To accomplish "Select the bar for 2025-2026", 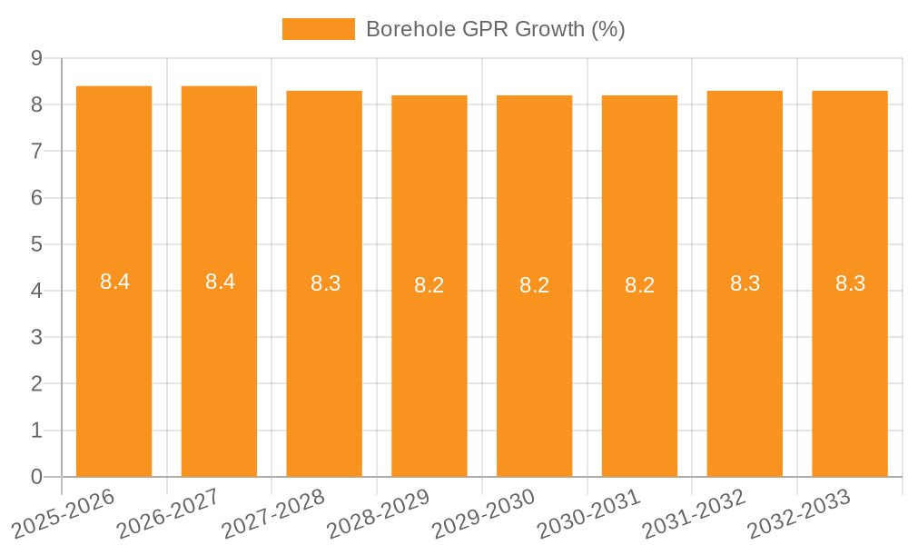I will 113,363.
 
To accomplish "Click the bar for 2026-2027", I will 219,363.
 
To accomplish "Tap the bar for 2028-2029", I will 429,363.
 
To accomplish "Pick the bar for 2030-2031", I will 639,363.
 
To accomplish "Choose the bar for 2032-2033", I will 850,363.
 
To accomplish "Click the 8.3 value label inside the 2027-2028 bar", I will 325,283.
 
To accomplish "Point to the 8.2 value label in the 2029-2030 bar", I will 534,285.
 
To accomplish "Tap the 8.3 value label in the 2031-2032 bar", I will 745,283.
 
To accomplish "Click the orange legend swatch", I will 319,29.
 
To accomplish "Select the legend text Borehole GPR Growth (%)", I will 495,29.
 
